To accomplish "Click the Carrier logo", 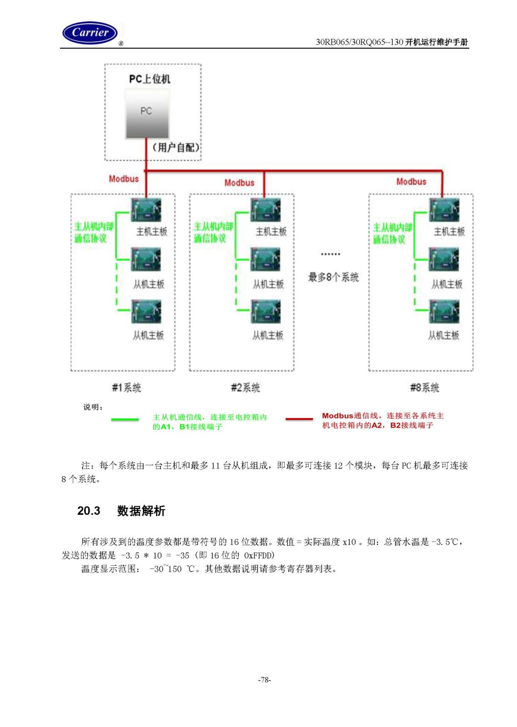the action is (x=90, y=33).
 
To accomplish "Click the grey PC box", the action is (x=147, y=114).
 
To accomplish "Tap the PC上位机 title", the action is (x=150, y=79).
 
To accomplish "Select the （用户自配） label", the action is (x=176, y=148).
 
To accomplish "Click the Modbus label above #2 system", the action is (x=239, y=183).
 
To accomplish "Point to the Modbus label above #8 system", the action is (x=411, y=182).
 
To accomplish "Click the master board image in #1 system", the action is (x=146, y=210).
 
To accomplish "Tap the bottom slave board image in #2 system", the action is (x=265, y=312).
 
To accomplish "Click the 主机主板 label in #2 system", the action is (x=271, y=232).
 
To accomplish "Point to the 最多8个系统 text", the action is (x=333, y=278).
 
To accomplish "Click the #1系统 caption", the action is (x=126, y=388).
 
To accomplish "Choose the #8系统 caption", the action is (x=424, y=388).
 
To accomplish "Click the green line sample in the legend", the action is (x=125, y=420).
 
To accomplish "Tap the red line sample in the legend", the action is (x=299, y=419).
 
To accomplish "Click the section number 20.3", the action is (x=89, y=511).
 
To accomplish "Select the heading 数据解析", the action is (x=141, y=511).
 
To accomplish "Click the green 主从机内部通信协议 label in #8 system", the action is (x=392, y=234).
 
